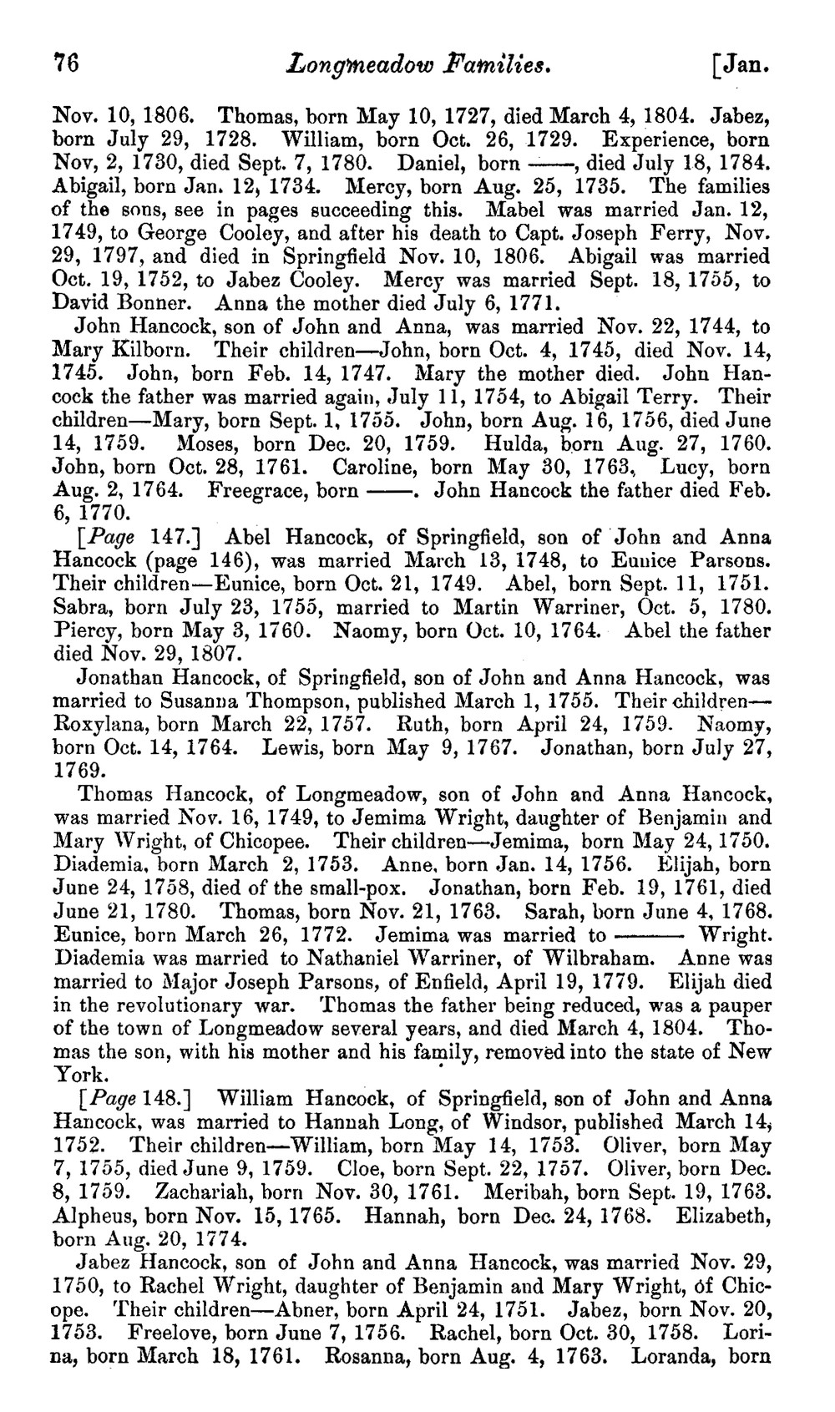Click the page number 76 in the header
pos(66,63)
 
